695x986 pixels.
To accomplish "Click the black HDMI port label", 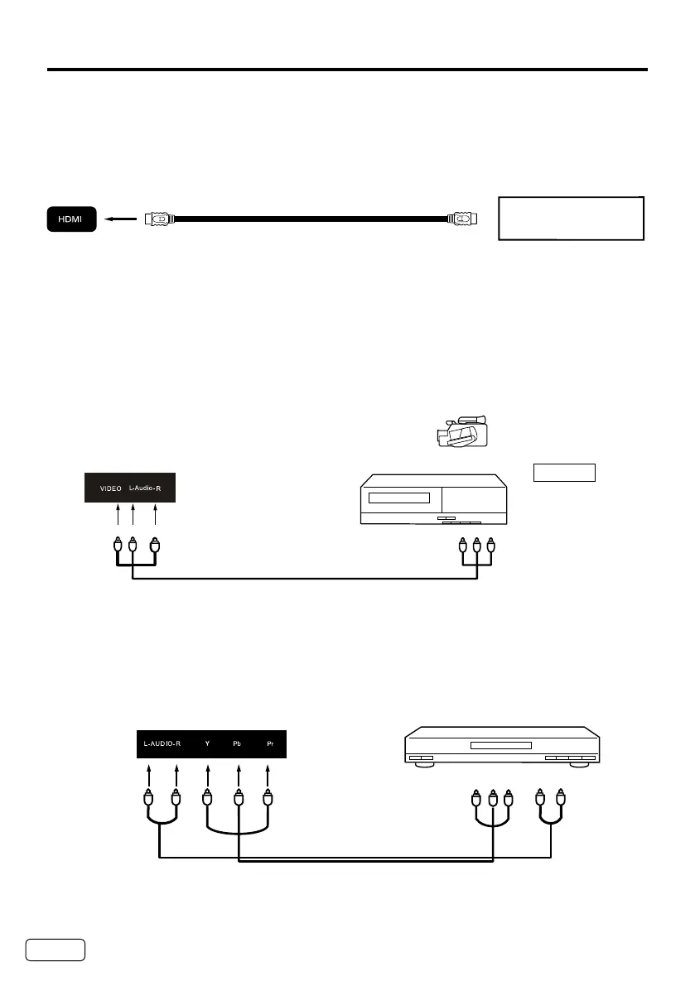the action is [x=72, y=219].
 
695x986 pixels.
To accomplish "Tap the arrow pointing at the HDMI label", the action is [x=120, y=220].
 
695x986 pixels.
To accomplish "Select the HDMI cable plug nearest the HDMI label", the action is [x=158, y=219].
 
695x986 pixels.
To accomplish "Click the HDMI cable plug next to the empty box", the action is [x=462, y=219].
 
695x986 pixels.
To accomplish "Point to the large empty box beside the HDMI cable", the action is [x=571, y=219].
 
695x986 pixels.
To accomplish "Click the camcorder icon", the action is [x=462, y=433].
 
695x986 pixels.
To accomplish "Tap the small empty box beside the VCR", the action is [x=564, y=473].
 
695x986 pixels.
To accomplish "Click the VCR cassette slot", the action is [x=399, y=498].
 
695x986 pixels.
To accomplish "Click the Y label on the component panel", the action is [x=208, y=743].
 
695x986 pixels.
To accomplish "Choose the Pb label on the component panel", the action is [x=238, y=743].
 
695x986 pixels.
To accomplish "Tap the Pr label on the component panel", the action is [x=268, y=743].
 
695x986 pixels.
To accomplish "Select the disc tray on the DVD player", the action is [x=500, y=745].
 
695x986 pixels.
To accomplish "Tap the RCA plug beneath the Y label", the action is [x=208, y=800].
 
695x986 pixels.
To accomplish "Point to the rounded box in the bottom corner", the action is [x=56, y=950].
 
